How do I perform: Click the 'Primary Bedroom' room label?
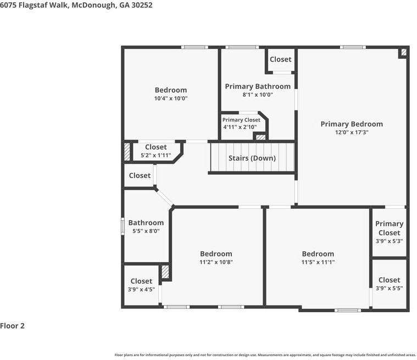352,124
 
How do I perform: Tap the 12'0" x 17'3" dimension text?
352,132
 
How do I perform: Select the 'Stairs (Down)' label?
252,158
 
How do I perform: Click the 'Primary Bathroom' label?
258,86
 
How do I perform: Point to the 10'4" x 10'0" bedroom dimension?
171,99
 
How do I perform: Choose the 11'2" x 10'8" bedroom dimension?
216,263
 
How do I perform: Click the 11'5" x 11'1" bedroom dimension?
318,263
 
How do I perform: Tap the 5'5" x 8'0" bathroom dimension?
146,231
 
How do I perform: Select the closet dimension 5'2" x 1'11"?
156,156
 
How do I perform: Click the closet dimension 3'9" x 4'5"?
141,289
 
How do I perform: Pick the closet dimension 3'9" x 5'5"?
389,289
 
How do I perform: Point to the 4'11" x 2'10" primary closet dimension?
240,127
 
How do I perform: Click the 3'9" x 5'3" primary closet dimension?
389,241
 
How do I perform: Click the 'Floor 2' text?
13,326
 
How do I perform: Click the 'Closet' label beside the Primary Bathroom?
281,59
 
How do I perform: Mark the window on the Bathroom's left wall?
123,226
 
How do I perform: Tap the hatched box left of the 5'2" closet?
127,152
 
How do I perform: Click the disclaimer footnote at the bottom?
265,355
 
